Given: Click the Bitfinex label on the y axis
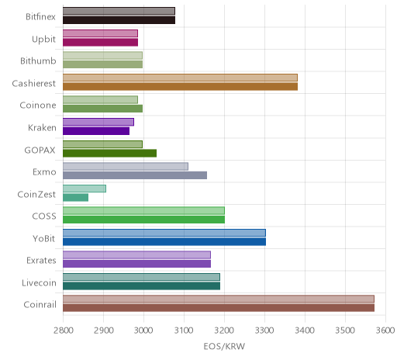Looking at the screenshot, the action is (x=40, y=17).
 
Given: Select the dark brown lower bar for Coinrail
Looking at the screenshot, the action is (x=219, y=308).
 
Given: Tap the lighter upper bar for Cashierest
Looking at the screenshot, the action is (x=180, y=78).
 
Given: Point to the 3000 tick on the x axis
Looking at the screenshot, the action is (x=143, y=331).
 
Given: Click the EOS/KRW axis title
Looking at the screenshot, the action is (x=224, y=346).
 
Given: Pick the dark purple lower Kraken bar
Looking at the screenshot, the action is (x=96, y=131).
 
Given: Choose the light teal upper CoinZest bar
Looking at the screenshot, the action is (x=85, y=189).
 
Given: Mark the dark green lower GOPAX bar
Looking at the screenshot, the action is (x=110, y=154).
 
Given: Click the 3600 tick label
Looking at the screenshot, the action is (x=385, y=331).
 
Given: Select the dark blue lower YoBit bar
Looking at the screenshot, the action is (x=164, y=242).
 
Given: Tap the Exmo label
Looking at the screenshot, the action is (x=44, y=172).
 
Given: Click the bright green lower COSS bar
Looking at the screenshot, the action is (x=144, y=220).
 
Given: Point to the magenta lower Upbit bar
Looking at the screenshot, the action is (x=101, y=42).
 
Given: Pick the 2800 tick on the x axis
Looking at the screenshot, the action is (x=63, y=331).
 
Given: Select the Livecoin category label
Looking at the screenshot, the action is (x=39, y=282).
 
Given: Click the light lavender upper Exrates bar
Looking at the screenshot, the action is (x=136, y=254).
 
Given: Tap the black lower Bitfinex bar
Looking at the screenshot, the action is (x=119, y=20).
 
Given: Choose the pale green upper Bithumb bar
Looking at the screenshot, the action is (x=102, y=55).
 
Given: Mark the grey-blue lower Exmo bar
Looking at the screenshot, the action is (x=135, y=175).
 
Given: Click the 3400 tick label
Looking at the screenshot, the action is (x=305, y=331).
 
